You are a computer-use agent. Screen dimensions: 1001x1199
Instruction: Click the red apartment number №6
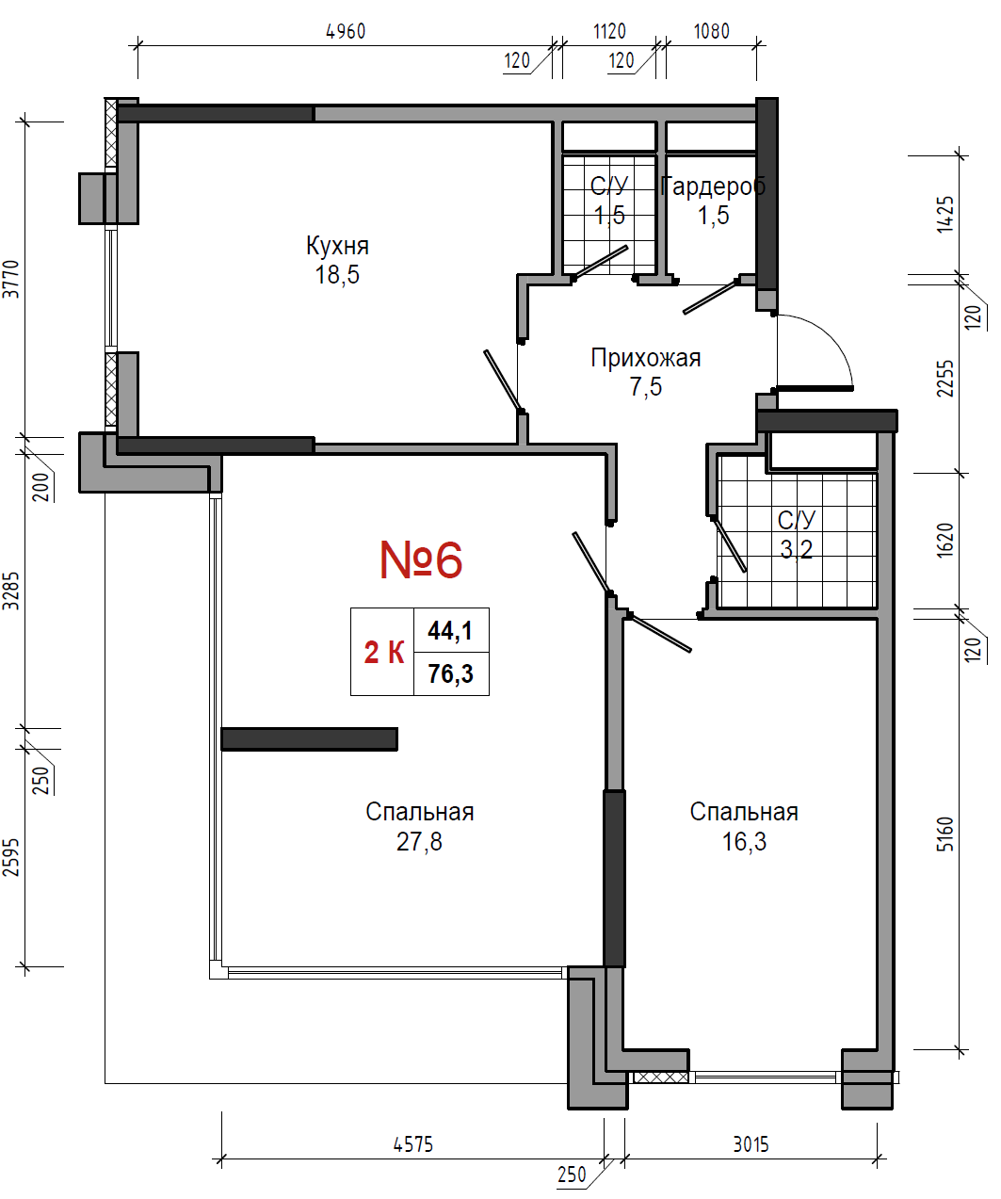[x=421, y=559]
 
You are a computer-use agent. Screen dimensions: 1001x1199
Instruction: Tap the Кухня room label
[x=337, y=246]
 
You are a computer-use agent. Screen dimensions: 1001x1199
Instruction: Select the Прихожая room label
[x=645, y=358]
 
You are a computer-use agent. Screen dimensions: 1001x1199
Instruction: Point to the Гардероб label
[x=713, y=186]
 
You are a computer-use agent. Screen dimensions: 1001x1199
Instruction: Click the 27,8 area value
[x=419, y=842]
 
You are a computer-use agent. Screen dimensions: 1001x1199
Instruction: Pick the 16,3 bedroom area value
[x=744, y=842]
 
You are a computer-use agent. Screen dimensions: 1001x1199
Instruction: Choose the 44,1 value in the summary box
[x=450, y=630]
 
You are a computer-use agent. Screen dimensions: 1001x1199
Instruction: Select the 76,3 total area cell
[x=451, y=673]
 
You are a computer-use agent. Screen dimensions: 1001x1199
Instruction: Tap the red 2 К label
[x=384, y=653]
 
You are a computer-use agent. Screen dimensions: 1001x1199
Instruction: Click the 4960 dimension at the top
[x=346, y=31]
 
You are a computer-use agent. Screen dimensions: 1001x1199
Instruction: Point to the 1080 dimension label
[x=712, y=31]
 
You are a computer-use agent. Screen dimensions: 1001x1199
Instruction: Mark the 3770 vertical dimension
[x=11, y=279]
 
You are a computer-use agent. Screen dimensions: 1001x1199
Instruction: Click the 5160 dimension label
[x=944, y=834]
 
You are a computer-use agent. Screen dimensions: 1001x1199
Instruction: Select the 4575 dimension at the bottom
[x=412, y=1144]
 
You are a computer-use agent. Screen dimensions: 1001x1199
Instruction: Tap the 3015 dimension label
[x=751, y=1144]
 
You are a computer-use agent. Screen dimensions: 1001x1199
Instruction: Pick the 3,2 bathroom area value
[x=796, y=549]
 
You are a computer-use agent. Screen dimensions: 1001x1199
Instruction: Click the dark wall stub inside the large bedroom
[x=310, y=739]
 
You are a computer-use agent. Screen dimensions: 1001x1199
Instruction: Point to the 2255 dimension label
[x=944, y=379]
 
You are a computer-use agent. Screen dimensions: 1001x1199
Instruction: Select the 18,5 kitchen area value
[x=337, y=274]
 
